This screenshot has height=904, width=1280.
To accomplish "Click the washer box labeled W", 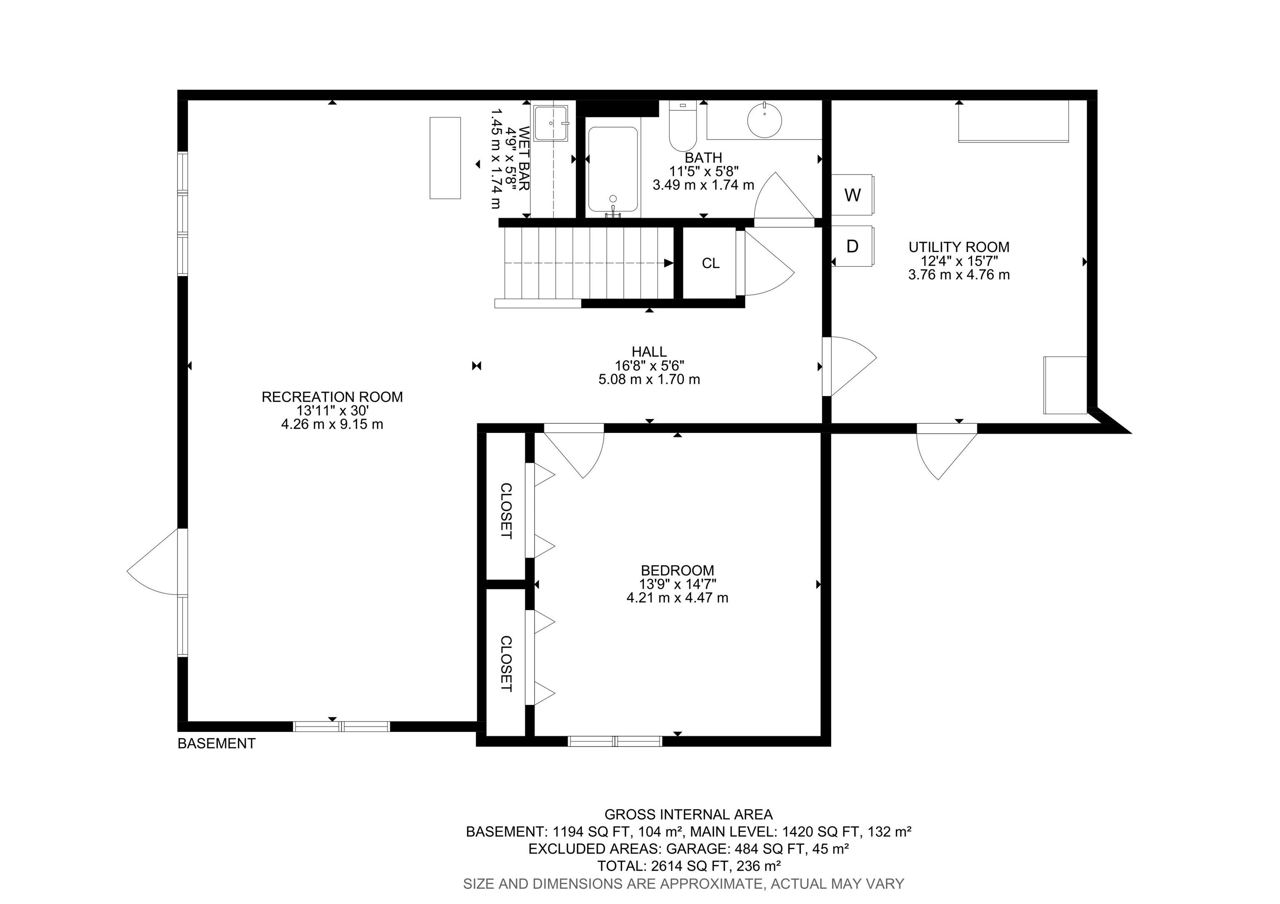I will pos(852,195).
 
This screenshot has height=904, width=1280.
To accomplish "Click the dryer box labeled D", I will pos(852,246).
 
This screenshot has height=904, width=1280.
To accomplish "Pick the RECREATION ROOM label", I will pos(332,397).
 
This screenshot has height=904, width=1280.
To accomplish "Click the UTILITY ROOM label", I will pos(958,247).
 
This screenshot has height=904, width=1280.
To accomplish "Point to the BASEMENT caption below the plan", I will pos(216,744).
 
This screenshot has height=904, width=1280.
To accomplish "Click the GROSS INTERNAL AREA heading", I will pos(688,815).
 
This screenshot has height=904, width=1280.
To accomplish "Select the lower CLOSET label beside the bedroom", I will pos(506,664).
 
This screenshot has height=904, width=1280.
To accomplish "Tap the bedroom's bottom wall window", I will pos(615,741).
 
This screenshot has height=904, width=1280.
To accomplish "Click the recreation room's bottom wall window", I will pos(341,726).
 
